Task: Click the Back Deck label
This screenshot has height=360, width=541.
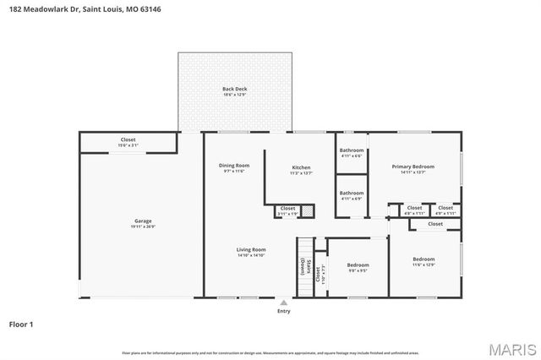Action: pos(234,89)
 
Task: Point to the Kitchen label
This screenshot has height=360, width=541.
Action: pos(301,166)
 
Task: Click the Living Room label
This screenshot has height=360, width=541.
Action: pos(251,249)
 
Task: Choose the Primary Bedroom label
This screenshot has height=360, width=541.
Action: pos(413,166)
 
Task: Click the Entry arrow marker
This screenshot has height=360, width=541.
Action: pos(284,302)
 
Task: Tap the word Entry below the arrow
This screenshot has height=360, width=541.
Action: pos(284,311)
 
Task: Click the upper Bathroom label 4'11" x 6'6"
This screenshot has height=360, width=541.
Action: pos(352,150)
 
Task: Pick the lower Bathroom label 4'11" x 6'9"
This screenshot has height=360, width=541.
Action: pos(352,193)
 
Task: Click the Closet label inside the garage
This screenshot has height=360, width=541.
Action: pos(128,139)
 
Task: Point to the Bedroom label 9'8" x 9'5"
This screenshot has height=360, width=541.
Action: pos(358,265)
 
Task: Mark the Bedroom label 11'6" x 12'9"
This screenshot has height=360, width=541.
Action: pos(424,259)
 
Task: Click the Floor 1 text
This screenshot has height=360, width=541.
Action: pos(21,324)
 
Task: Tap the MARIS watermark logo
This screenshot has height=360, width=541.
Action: pos(511,348)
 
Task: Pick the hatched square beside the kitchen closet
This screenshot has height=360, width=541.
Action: pos(309,210)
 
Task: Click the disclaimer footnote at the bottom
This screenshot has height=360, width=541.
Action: pos(270,352)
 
